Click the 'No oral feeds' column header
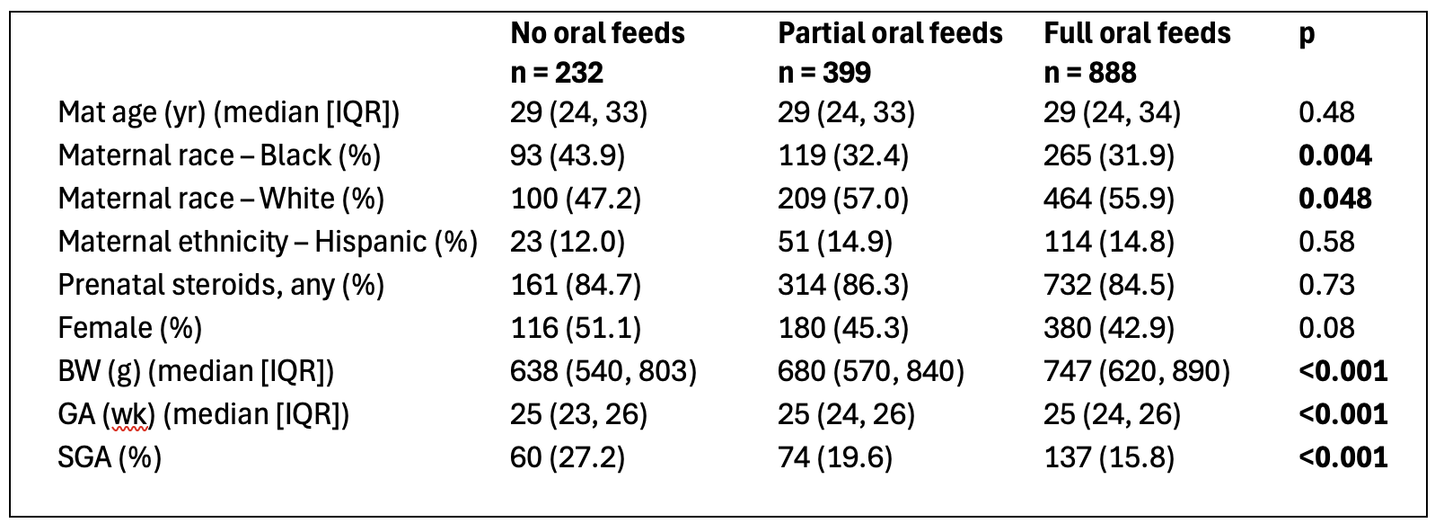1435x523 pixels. click(x=598, y=33)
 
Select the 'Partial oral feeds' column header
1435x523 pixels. click(x=890, y=33)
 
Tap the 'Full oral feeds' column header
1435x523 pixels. click(x=1137, y=33)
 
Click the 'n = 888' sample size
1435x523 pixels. click(x=1090, y=73)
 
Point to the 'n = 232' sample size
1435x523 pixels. click(x=557, y=73)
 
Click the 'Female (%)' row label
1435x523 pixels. click(x=130, y=328)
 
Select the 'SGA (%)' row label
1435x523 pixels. click(x=110, y=457)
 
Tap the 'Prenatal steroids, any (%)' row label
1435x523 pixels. click(x=221, y=285)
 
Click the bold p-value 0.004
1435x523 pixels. click(x=1335, y=155)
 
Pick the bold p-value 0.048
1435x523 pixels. click(x=1335, y=199)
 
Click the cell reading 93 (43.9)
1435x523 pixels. click(x=568, y=155)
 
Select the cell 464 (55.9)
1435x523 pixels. click(x=1109, y=199)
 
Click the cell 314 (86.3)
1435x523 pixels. click(x=843, y=285)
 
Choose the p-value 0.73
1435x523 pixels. click(x=1326, y=285)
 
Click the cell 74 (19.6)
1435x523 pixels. click(x=835, y=457)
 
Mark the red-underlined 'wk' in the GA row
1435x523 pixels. click(x=128, y=414)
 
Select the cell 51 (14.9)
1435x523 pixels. click(x=835, y=243)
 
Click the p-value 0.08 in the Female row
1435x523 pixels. click(x=1326, y=328)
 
